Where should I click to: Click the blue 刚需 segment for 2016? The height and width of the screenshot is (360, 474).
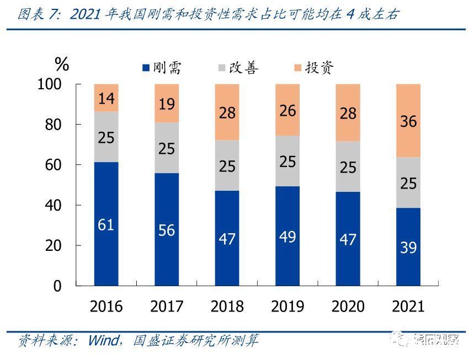[106, 224]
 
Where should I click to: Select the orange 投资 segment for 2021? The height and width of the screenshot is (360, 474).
[408, 121]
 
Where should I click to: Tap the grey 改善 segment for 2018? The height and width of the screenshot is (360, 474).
[227, 165]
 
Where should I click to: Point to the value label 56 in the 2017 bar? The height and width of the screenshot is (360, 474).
[166, 230]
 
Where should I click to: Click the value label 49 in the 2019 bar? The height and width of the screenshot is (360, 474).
[287, 237]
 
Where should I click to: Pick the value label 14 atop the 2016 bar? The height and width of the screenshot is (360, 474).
[106, 99]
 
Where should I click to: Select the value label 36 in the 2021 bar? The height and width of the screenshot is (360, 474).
[408, 121]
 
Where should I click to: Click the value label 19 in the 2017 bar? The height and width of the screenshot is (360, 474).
[166, 103]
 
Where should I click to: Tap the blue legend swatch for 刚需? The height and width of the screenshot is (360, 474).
[146, 68]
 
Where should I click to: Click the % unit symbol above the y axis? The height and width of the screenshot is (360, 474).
[62, 65]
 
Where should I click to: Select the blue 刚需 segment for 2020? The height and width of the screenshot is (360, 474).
[348, 238]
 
